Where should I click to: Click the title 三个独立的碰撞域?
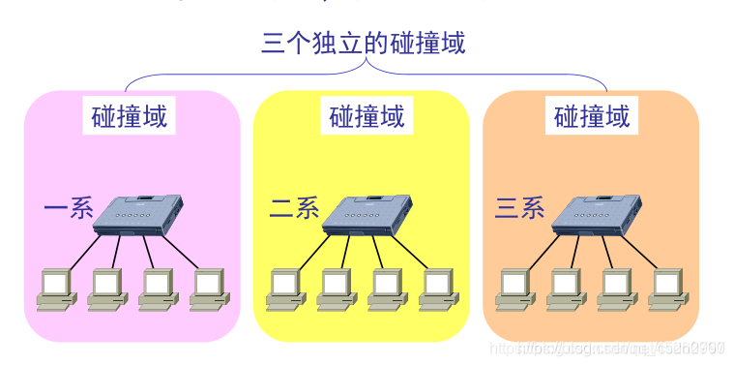[364, 44]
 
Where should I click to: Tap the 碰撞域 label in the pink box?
[130, 117]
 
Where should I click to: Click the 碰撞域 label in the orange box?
[592, 117]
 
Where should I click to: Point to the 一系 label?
[68, 207]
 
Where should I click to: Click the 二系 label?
[294, 207]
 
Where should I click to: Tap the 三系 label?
[520, 207]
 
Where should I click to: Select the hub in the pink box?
[139, 214]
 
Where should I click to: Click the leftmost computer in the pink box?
[56, 288]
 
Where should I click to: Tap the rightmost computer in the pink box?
[208, 288]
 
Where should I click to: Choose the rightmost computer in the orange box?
[666, 288]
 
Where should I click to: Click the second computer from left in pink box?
[106, 288]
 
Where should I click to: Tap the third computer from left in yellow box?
[386, 288]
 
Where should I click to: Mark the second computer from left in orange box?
[565, 288]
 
